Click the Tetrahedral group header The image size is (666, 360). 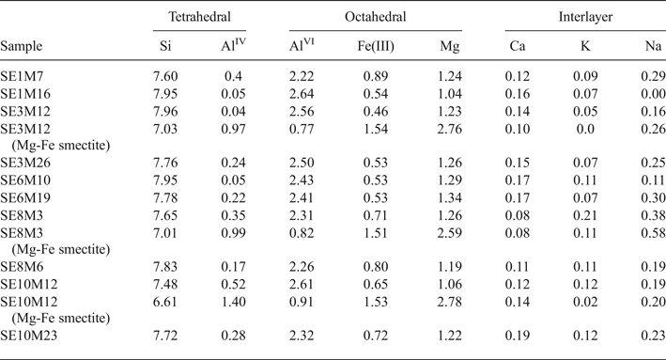[197, 17]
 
